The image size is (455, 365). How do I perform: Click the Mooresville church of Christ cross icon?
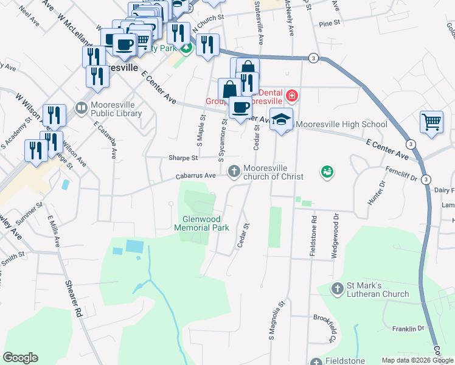click(x=233, y=172)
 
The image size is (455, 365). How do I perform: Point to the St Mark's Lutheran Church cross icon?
click(x=338, y=287)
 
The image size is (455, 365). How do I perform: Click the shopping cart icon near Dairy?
click(x=431, y=121)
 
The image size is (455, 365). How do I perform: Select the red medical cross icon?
click(x=292, y=96)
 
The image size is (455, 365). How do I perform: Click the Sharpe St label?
click(x=183, y=158)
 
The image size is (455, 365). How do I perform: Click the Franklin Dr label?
click(x=408, y=328)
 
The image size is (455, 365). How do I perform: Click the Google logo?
click(x=20, y=358)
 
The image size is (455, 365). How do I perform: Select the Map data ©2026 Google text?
click(x=417, y=360)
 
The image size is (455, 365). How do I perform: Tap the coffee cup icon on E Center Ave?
click(x=240, y=108)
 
